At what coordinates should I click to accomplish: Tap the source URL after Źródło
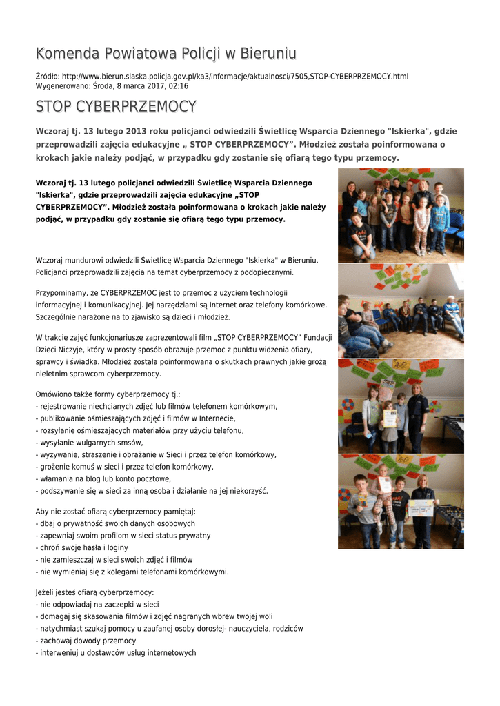tap(235, 76)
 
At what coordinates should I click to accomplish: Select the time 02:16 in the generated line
tap(179, 86)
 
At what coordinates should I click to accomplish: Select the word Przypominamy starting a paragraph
tap(63, 292)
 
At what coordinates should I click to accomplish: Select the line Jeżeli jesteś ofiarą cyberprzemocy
tap(94, 592)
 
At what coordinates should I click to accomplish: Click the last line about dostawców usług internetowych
tap(117, 653)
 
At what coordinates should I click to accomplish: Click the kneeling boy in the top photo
tap(360, 236)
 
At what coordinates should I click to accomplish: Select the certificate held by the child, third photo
tap(390, 418)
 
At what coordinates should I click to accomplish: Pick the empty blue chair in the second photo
tap(378, 319)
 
